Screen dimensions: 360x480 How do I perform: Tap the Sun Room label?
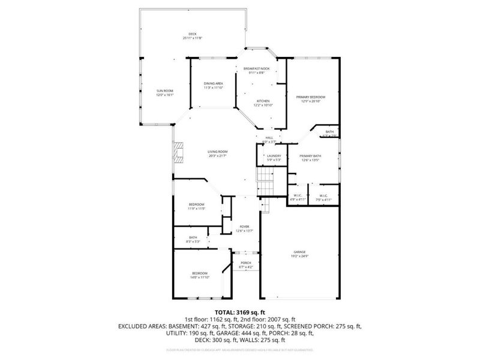click(x=165, y=91)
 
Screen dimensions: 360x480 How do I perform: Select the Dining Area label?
click(x=214, y=83)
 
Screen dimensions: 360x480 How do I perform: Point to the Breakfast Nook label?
click(x=256, y=69)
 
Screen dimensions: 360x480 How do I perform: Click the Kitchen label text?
click(x=263, y=101)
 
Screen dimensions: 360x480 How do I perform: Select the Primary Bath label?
click(x=310, y=155)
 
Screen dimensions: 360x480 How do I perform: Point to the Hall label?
click(x=269, y=137)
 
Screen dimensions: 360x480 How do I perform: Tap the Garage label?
click(x=299, y=252)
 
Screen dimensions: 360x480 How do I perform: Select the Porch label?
click(x=245, y=263)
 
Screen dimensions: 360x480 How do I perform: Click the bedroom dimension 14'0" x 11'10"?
click(x=200, y=278)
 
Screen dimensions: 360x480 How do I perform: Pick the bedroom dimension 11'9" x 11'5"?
click(x=197, y=208)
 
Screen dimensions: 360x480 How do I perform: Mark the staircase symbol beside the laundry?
click(x=265, y=178)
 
